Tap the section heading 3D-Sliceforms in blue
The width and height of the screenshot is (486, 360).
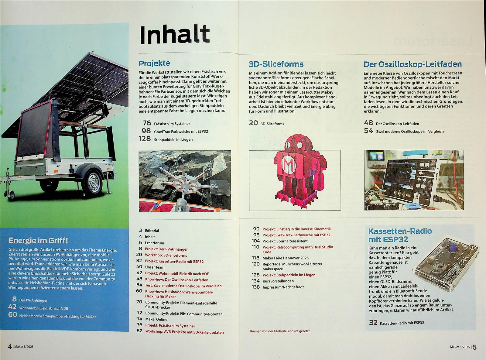(276, 64)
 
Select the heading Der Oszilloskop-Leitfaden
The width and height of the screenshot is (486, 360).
(412, 64)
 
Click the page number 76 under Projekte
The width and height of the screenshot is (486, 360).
(147, 123)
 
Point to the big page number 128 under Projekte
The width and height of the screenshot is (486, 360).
(144, 139)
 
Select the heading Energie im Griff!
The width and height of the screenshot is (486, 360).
(38, 241)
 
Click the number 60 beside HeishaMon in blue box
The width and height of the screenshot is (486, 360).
(13, 315)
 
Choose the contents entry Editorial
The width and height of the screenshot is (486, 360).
(152, 231)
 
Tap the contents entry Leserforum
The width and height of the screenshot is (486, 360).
(154, 243)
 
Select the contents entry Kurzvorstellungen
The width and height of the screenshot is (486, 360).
(278, 281)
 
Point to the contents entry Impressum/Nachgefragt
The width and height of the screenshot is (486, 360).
(283, 287)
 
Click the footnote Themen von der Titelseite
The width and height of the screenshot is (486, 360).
(279, 331)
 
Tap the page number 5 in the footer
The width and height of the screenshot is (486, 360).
(474, 347)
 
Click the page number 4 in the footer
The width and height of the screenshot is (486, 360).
(10, 346)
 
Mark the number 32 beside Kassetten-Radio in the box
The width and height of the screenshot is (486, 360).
(373, 322)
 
